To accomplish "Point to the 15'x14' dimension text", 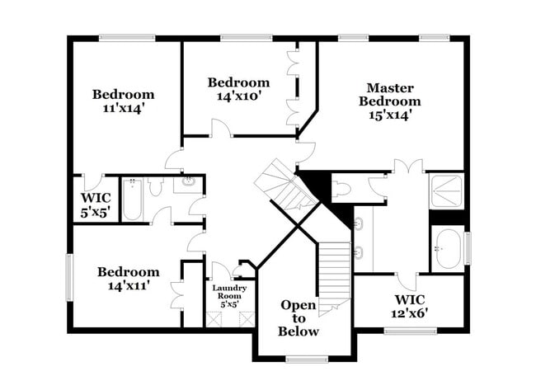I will [391, 115].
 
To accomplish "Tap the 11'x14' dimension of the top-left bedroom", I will [123, 108].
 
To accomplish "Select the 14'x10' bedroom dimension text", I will [237, 96].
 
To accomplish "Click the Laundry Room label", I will [229, 292].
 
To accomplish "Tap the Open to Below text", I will [298, 317].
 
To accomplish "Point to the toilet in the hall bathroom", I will [157, 186].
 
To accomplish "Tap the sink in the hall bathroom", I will [189, 183].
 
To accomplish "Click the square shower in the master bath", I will [447, 190].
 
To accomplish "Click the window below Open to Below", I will [307, 359].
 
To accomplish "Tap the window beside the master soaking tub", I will [468, 247].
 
